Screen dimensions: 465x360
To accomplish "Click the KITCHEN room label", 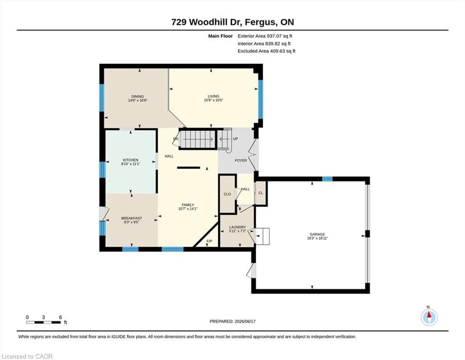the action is [x=131, y=160].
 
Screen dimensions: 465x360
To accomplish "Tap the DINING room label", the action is [x=138, y=97].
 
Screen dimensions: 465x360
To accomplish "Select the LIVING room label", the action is [x=214, y=96].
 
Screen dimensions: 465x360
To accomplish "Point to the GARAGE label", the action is [x=317, y=234].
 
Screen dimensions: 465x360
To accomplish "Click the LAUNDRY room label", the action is [x=237, y=227].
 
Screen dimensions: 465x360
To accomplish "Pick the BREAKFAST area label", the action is [x=132, y=218].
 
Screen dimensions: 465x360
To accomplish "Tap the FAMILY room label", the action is [x=188, y=205].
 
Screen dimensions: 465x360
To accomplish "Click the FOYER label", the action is [x=241, y=160].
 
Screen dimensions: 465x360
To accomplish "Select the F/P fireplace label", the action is [x=209, y=241].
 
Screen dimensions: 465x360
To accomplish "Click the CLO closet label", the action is [x=227, y=194].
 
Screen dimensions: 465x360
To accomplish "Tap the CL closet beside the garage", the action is [x=261, y=193].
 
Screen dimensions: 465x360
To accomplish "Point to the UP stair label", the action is [x=235, y=139].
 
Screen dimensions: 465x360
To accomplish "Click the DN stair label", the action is [x=176, y=139].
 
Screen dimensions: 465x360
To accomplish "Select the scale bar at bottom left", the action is [x=44, y=322].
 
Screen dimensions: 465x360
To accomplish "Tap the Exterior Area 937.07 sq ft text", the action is [x=265, y=36].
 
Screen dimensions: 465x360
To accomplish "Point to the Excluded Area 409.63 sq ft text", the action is [x=266, y=51].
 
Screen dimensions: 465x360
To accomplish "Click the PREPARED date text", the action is [x=232, y=321].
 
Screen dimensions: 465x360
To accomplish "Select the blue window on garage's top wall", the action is [x=327, y=179].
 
